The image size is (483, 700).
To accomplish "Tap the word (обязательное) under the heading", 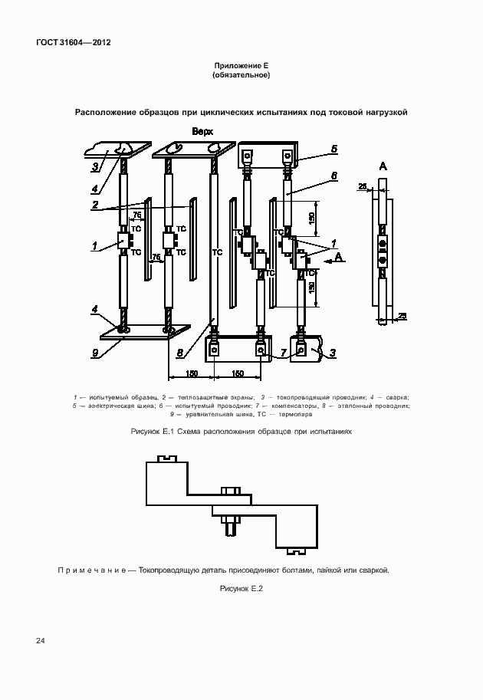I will (x=242, y=76).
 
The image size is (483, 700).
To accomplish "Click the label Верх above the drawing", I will (x=202, y=132).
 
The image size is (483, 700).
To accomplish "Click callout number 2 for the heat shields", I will (x=95, y=205).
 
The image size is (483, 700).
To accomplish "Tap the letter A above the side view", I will (x=383, y=166).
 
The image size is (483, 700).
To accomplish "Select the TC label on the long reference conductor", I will (x=216, y=251).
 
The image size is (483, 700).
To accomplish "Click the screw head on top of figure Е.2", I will (x=166, y=459).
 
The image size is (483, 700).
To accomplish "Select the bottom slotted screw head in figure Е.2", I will (x=296, y=550).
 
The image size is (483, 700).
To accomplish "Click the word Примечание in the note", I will (x=91, y=570).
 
